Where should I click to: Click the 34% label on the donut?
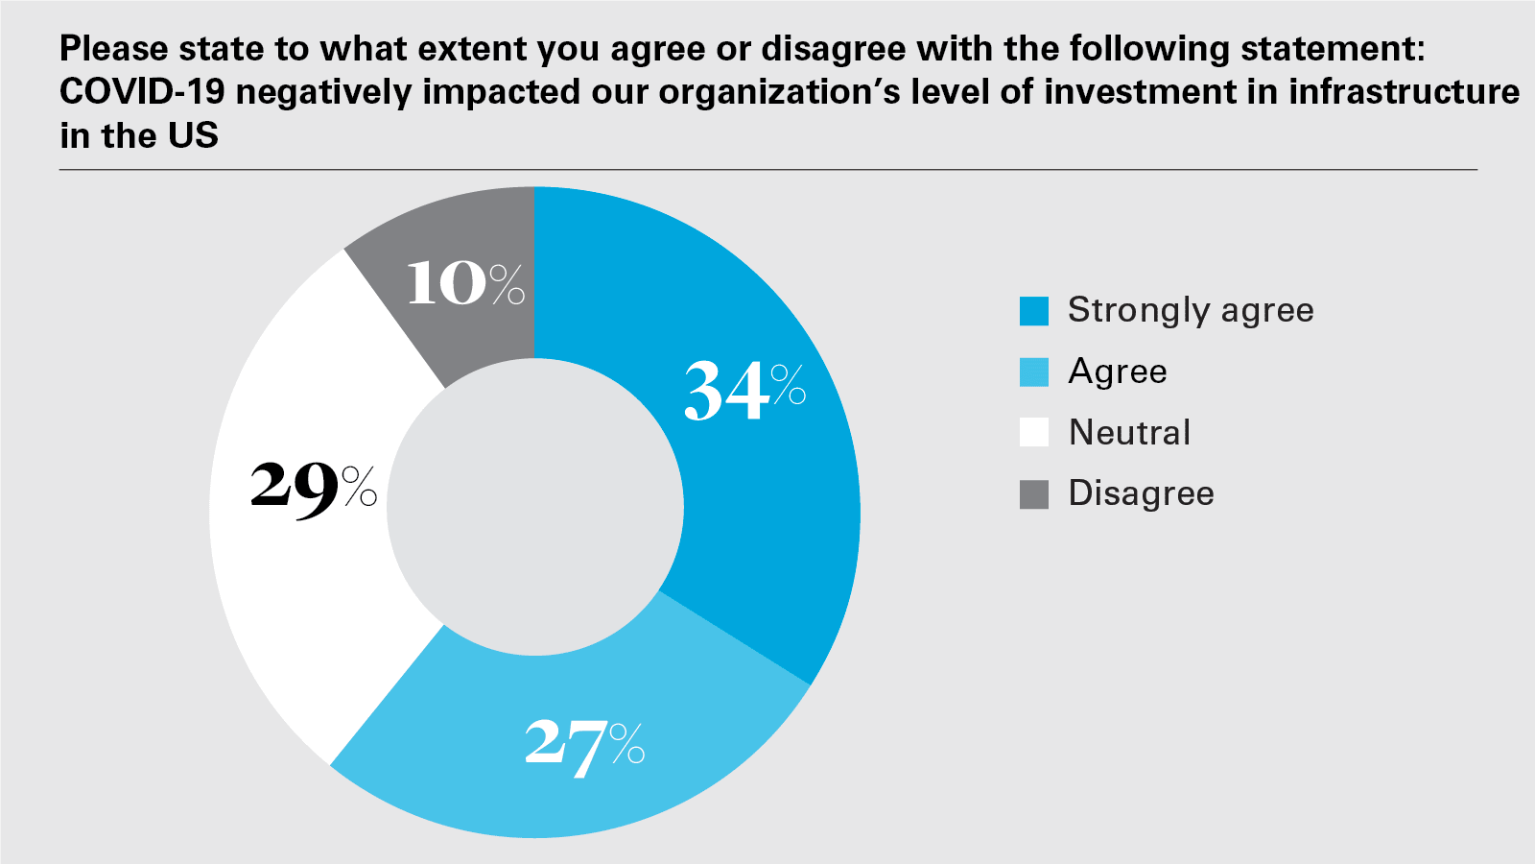tap(744, 391)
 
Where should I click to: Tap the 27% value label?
tap(584, 746)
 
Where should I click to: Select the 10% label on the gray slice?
tap(465, 283)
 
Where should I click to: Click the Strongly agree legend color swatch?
tap(1034, 311)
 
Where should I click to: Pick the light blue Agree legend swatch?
tap(1034, 372)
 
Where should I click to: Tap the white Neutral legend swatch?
tap(1034, 433)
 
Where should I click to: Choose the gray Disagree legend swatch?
tap(1034, 494)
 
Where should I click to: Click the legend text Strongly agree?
tap(1191, 311)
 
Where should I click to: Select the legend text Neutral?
tap(1129, 433)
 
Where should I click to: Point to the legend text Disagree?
tap(1141, 494)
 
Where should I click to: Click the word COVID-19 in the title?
tap(142, 92)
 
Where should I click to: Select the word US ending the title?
tap(193, 135)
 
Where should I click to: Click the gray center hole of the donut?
tap(535, 509)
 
